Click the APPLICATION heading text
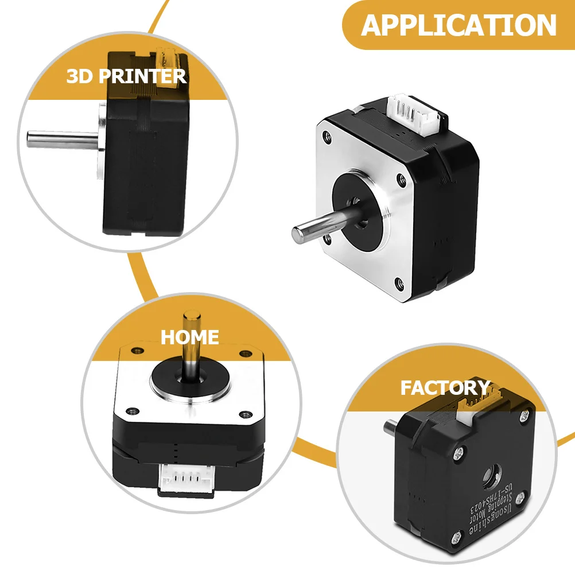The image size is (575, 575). (x=459, y=25)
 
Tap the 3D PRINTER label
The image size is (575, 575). (x=126, y=76)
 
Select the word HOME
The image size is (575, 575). (x=190, y=337)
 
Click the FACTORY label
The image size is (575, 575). (x=445, y=388)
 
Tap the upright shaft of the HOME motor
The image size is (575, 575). (x=191, y=344)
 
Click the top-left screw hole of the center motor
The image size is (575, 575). (x=328, y=137)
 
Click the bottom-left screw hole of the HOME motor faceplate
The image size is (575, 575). (x=134, y=411)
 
